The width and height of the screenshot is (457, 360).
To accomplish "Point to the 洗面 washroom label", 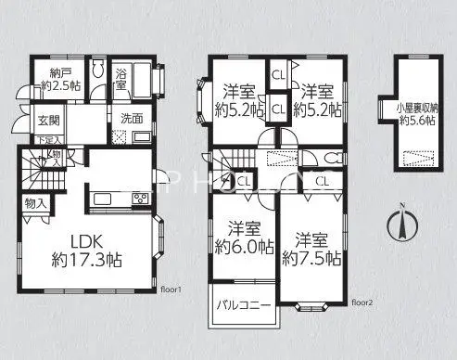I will tap(131, 119).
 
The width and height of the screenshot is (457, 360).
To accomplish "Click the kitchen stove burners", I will tap(140, 198).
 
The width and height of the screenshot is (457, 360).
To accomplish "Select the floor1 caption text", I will tap(173, 289).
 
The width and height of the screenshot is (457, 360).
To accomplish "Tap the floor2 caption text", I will tap(362, 302).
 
